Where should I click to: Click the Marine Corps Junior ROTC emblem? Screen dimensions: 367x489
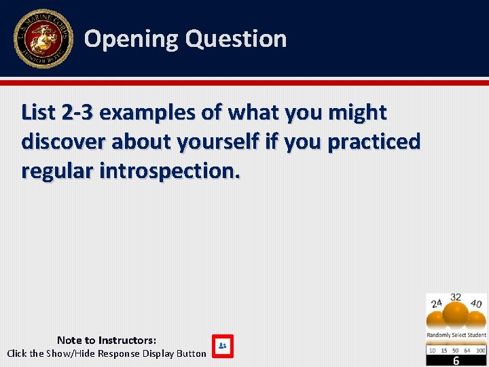coord(43,39)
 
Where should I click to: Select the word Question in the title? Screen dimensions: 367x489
coord(236,39)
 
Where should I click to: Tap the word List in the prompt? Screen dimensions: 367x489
coord(38,112)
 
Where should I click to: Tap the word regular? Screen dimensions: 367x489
coord(57,171)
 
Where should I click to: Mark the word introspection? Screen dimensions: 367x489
coord(170,171)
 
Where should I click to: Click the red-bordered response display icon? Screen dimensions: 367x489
coord(222,345)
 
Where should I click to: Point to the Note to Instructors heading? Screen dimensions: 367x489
coord(107,340)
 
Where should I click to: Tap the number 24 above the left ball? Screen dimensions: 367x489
coord(437,303)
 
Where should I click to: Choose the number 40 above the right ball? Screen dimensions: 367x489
coord(476,304)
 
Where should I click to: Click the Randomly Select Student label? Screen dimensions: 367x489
coord(456,335)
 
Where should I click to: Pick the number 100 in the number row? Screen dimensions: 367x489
coord(481,350)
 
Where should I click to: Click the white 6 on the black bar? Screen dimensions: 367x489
coord(456,361)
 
